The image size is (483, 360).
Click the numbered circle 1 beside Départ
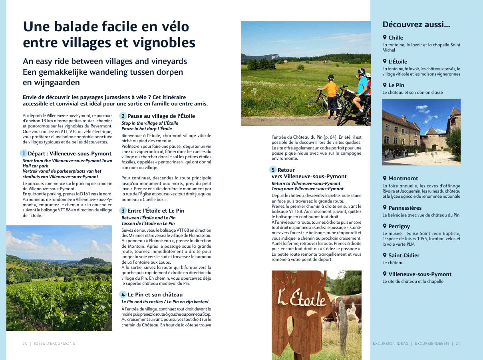24,153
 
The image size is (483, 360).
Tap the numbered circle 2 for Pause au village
123,116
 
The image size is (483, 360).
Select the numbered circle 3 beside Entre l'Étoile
123,211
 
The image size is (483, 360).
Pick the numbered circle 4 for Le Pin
123,294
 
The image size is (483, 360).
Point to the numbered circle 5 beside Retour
273,170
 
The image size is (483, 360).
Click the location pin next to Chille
385,37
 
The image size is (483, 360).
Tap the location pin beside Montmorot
385,178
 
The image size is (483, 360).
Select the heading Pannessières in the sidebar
405,208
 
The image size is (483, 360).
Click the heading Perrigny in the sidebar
399,226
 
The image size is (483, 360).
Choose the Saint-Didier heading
404,255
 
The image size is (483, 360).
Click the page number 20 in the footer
25,344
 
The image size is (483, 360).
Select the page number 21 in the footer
458,344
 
